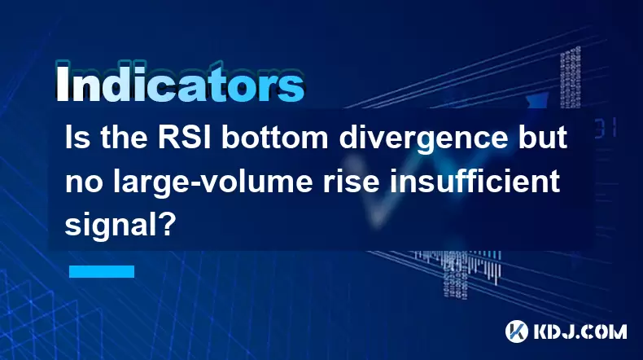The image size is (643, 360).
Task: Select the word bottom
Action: [275, 138]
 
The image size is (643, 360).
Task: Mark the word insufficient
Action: [475, 181]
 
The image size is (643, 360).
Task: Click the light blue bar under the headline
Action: [102, 271]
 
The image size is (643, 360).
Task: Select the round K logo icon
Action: [517, 331]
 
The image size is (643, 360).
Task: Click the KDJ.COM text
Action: [580, 331]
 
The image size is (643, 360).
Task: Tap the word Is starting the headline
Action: [77, 138]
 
